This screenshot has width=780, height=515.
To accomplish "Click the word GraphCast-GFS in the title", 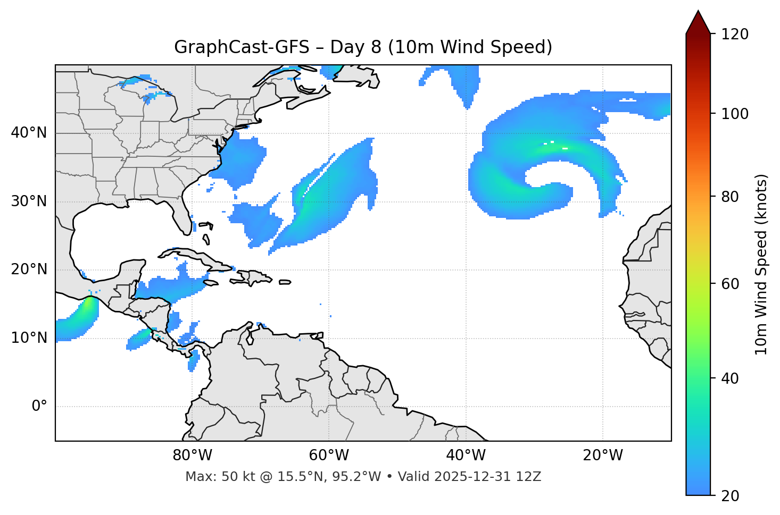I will click(242, 47).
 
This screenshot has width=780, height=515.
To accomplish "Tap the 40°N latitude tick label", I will click(29, 132).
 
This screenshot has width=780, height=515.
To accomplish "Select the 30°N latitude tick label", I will click(29, 201).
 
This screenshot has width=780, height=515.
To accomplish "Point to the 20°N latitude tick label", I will click(29, 269).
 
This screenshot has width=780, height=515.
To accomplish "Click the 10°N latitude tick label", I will click(29, 337).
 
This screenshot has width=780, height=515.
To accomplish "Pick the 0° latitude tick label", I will click(39, 407).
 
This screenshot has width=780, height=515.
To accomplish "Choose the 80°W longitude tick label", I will click(192, 455).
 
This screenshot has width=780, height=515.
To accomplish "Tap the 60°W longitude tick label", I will click(329, 455).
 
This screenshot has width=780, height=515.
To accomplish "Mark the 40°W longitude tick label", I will click(466, 455).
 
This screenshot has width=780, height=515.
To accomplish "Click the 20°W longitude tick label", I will click(602, 455).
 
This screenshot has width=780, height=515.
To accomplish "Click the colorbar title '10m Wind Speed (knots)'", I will click(761, 264).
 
